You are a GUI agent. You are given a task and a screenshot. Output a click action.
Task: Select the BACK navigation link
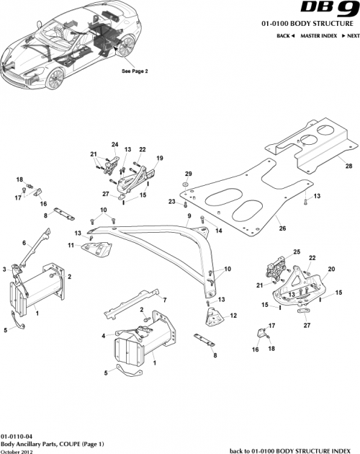coord(285,35)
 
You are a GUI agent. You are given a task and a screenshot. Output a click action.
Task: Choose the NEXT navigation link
coord(350,35)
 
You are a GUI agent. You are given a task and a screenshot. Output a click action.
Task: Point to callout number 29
coord(189,174)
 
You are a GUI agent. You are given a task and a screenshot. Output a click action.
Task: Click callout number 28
coord(348,166)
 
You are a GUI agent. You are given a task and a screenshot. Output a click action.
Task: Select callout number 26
coord(282,228)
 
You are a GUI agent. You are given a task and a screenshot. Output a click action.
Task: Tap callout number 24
coord(114,145)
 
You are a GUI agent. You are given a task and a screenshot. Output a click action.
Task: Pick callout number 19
coord(160,159)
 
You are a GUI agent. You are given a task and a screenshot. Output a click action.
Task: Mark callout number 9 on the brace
coord(189,215)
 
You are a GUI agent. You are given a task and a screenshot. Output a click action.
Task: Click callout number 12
coord(233,315)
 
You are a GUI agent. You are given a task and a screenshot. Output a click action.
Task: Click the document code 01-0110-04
coord(15,437)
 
